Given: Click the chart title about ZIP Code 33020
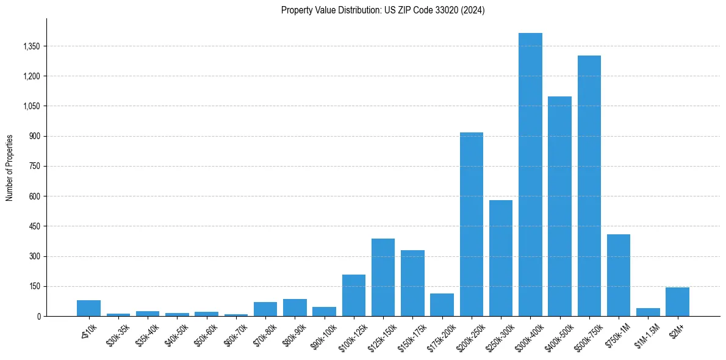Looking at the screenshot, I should [383, 10].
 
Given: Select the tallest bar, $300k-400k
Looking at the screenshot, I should [530, 175].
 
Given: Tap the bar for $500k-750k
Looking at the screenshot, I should [589, 186].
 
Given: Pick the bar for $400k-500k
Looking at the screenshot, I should [559, 206].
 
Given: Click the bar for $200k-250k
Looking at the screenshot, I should [472, 225].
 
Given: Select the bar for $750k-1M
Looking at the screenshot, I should [619, 275].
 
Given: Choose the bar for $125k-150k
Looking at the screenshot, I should [383, 278].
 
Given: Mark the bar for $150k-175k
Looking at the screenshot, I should [412, 283].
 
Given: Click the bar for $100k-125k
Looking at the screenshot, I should [354, 295].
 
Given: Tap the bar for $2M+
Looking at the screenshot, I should [677, 302].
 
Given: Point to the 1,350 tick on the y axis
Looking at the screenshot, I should [31, 46].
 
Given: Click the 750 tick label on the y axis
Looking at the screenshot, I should [34, 167].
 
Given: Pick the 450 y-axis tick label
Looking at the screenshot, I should [34, 226].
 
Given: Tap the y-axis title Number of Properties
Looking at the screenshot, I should [10, 168].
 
